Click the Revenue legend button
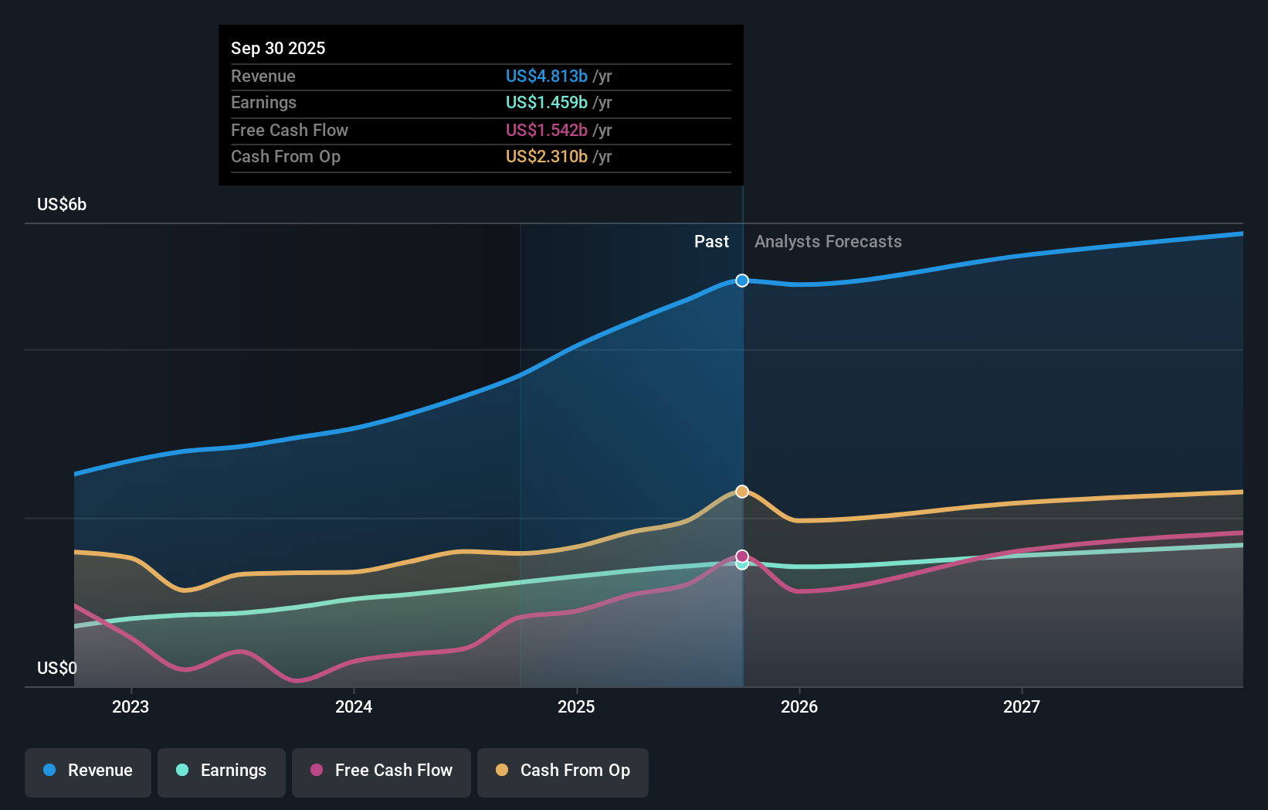tap(88, 771)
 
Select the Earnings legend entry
tap(222, 771)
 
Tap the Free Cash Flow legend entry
tap(381, 771)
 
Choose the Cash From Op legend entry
tap(563, 771)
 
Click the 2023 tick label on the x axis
tap(131, 706)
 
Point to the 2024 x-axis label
tap(354, 706)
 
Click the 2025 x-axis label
tap(576, 706)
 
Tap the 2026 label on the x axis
tap(799, 706)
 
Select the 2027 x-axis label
tap(1022, 706)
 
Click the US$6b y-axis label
tap(62, 205)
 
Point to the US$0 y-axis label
tap(57, 668)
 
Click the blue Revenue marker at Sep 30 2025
tap(742, 281)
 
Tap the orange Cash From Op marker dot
tap(742, 492)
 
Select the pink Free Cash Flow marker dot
tap(742, 556)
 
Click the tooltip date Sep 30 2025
tap(278, 48)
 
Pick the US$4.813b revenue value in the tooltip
tap(546, 76)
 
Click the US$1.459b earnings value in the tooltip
tap(546, 102)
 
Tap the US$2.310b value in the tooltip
tap(546, 156)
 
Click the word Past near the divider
tap(711, 242)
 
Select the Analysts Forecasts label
tap(828, 242)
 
